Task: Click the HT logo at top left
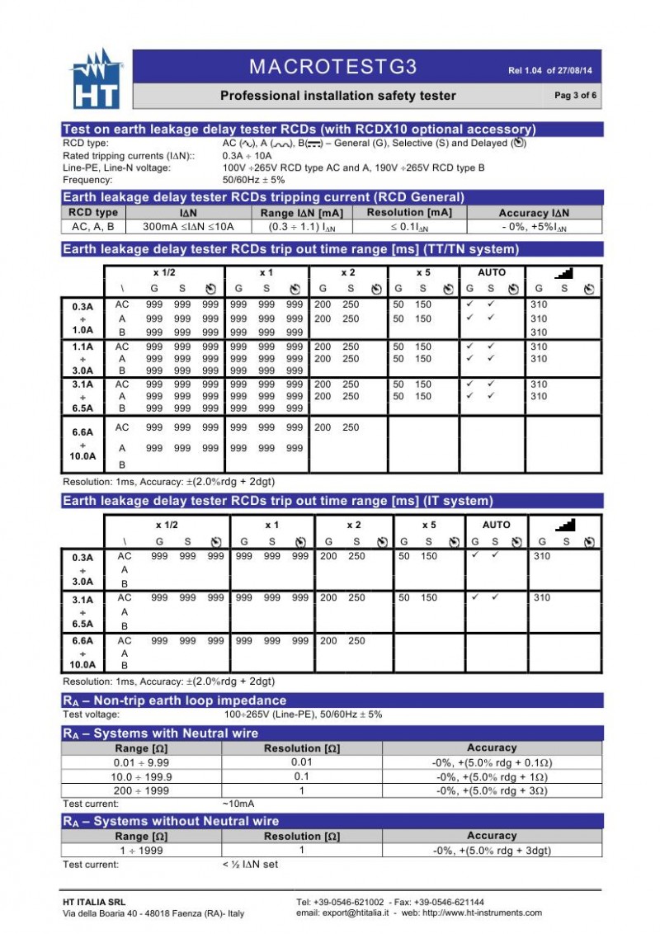[97, 81]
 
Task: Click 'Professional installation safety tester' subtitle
[337, 96]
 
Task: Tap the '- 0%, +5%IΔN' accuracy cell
[534, 226]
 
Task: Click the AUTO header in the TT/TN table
[492, 272]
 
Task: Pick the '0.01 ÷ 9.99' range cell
[141, 762]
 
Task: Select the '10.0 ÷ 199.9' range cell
[141, 776]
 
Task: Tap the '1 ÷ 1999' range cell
[141, 850]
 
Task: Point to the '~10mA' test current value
[238, 804]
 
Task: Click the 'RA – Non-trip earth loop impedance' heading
[175, 700]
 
